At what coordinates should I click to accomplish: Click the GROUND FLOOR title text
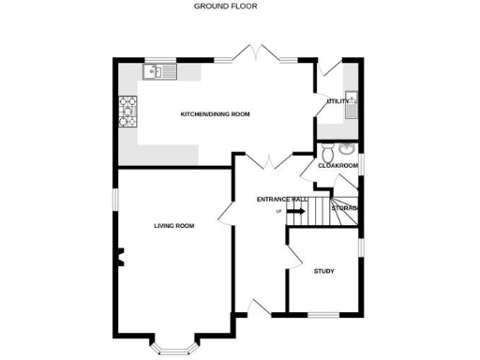[225, 6]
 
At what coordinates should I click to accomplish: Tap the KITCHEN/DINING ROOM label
[216, 114]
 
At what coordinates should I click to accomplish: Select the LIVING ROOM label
[174, 226]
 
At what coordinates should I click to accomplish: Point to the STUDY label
[323, 271]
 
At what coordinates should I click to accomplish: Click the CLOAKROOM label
[338, 166]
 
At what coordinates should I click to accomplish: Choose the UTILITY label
[337, 101]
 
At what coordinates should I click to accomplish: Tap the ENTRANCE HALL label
[282, 200]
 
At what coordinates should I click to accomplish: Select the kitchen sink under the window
[156, 71]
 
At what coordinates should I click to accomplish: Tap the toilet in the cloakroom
[327, 153]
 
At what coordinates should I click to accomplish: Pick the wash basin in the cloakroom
[347, 148]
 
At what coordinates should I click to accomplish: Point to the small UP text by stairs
[278, 212]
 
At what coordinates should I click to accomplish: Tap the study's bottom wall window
[323, 311]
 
